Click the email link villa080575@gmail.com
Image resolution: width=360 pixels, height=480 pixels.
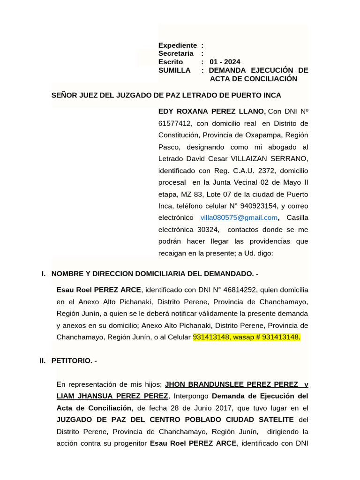coord(239,217)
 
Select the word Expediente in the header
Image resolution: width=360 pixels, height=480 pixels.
coord(178,45)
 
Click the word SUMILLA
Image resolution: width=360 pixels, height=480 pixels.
coord(174,70)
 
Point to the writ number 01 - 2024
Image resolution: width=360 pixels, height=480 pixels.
coord(225,62)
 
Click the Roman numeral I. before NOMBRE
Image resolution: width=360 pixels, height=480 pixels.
coord(44,273)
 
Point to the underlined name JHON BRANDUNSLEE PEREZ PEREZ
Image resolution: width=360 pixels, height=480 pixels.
coord(232,384)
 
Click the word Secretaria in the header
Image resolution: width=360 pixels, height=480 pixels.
coord(176,53)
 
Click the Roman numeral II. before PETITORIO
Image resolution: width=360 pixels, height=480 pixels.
coord(43,360)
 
